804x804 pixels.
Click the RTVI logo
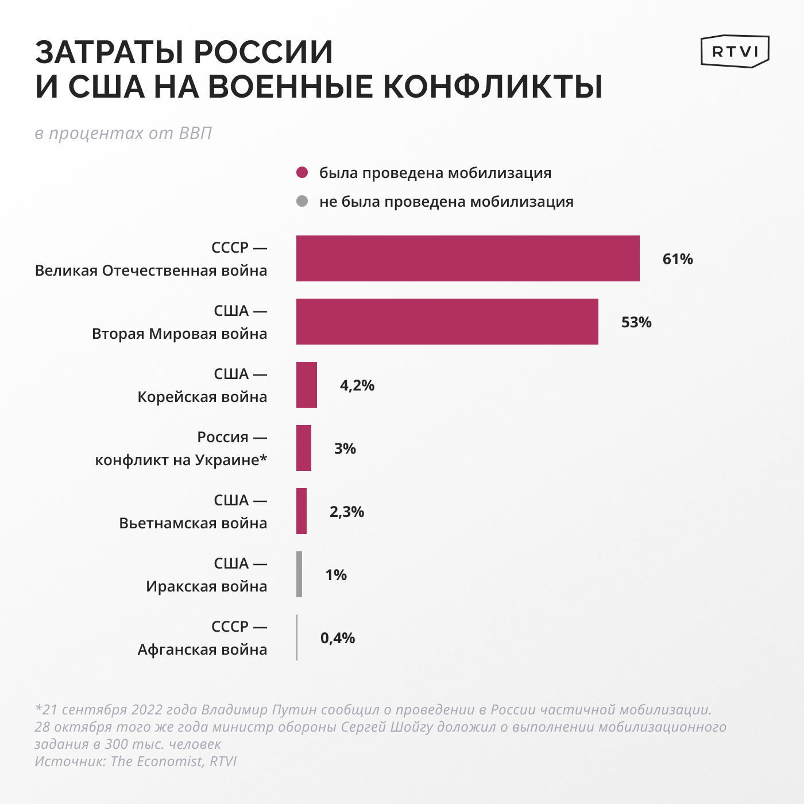pos(735,52)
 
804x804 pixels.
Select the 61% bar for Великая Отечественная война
pos(467,258)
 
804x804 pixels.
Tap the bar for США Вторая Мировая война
pos(447,322)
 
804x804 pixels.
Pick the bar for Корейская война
pos(306,385)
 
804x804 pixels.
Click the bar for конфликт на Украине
pos(303,448)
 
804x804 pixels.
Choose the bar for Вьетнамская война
pos(301,511)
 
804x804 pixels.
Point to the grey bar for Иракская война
pos(299,574)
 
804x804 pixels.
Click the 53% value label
pos(636,322)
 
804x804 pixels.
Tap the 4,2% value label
pos(357,385)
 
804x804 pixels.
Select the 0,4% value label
pos(338,638)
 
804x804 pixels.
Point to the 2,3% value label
pos(347,512)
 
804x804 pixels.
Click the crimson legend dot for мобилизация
pos(302,173)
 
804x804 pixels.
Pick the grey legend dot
pos(302,202)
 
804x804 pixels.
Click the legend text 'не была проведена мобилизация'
pos(446,202)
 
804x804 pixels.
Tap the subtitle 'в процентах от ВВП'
pos(123,133)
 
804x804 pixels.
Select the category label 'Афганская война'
pos(202,650)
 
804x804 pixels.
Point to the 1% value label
pos(336,575)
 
